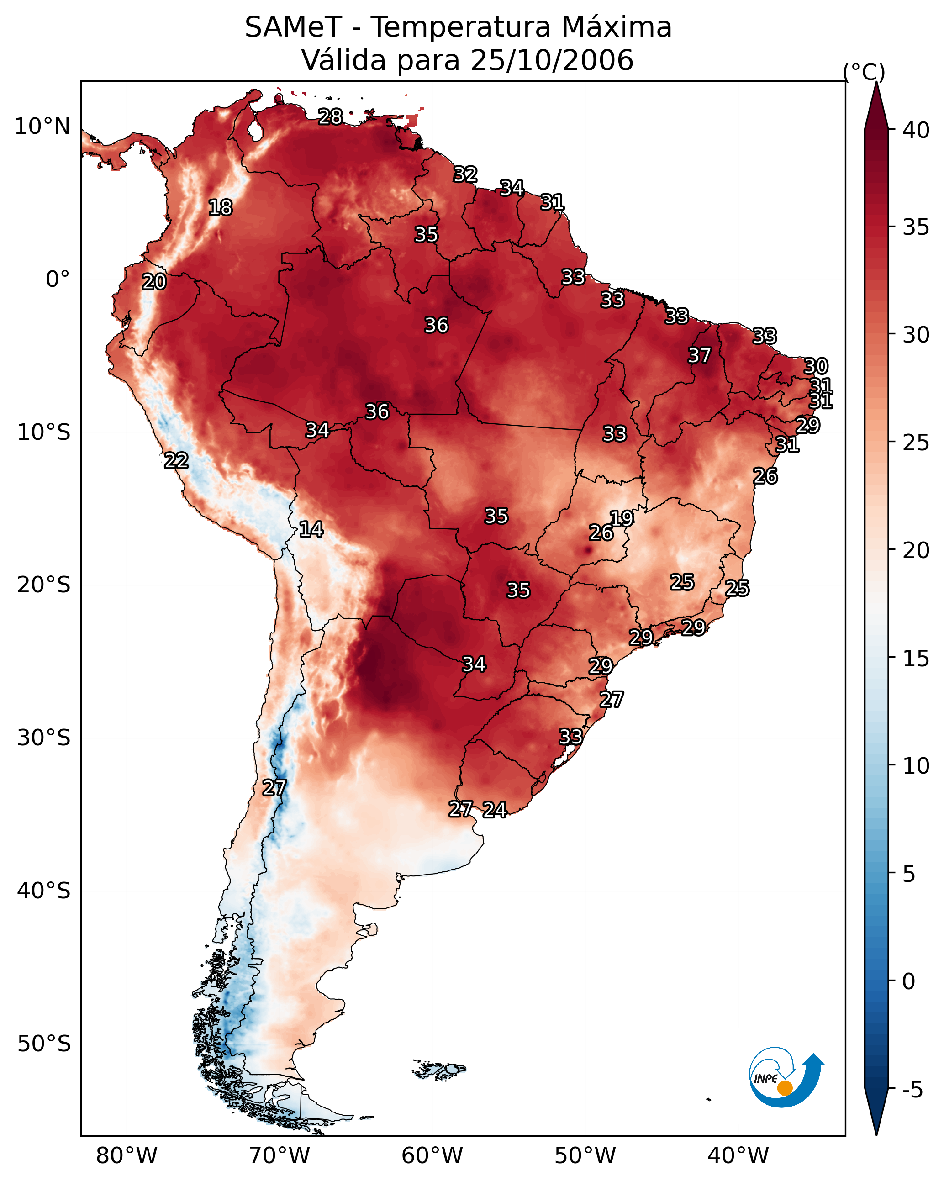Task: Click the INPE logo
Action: (x=785, y=1078)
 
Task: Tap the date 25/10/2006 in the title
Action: (x=552, y=60)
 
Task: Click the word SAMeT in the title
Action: (x=293, y=27)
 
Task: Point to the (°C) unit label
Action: (x=864, y=72)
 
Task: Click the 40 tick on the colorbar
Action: (x=916, y=130)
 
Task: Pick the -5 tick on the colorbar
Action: (x=913, y=1090)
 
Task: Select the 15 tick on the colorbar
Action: (x=916, y=659)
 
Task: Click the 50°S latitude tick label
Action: (x=44, y=1044)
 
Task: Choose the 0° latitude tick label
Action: (x=58, y=279)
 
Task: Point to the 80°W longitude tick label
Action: (x=127, y=1156)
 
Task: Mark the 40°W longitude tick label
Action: (x=738, y=1156)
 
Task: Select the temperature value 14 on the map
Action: (x=311, y=529)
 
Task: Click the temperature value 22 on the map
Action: (x=176, y=461)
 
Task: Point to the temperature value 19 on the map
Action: (x=622, y=518)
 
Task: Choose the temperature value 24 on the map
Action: (x=495, y=810)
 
